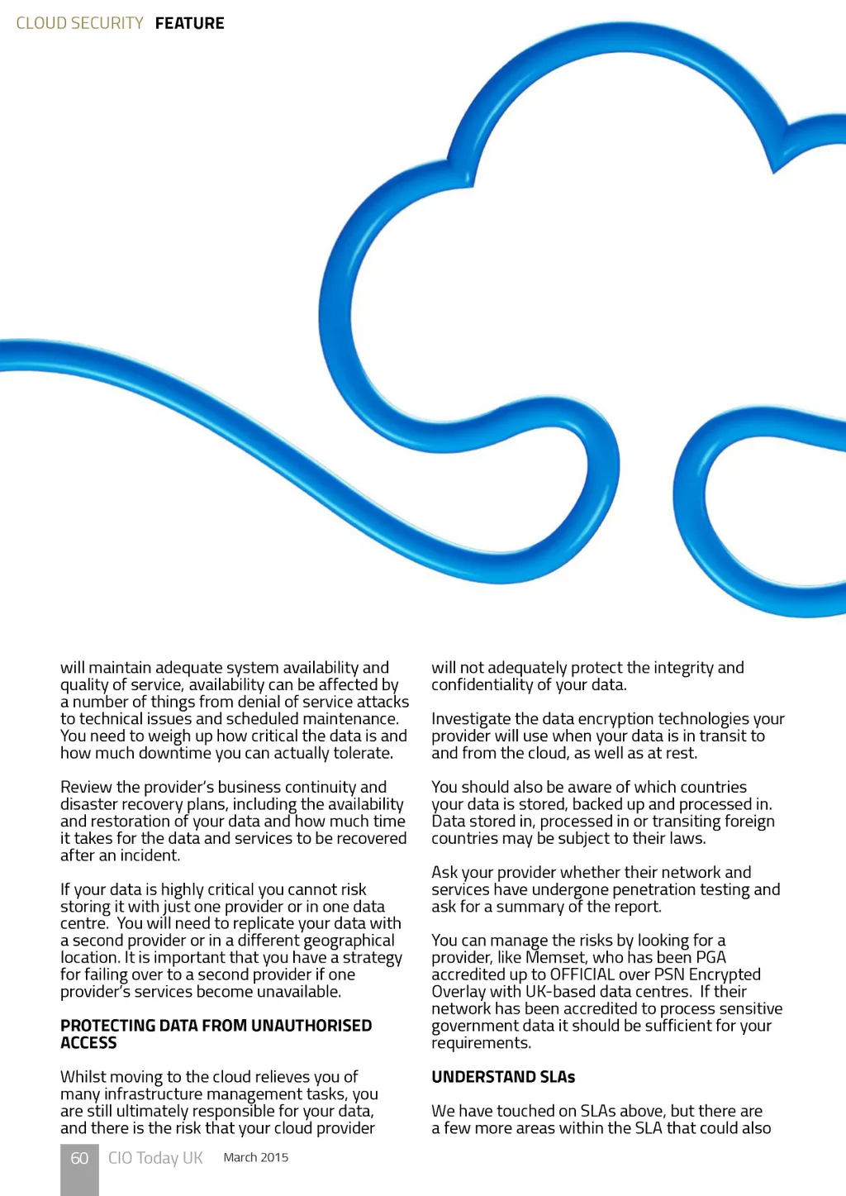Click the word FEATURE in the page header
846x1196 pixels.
[189, 23]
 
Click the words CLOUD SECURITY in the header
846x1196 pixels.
[80, 23]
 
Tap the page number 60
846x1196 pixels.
[79, 1158]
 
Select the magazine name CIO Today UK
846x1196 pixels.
[155, 1158]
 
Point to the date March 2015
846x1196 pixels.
[256, 1157]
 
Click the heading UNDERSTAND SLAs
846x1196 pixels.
[503, 1077]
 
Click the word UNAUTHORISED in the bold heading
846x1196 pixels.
[311, 1026]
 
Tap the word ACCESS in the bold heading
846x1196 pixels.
[88, 1043]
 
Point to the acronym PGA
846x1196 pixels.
[711, 957]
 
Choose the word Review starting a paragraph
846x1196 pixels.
[87, 787]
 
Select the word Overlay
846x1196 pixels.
[459, 992]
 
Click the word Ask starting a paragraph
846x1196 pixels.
[444, 872]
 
